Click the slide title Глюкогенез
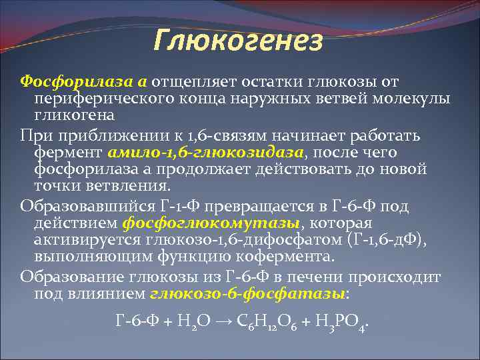[239, 41]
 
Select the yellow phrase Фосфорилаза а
[83, 81]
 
